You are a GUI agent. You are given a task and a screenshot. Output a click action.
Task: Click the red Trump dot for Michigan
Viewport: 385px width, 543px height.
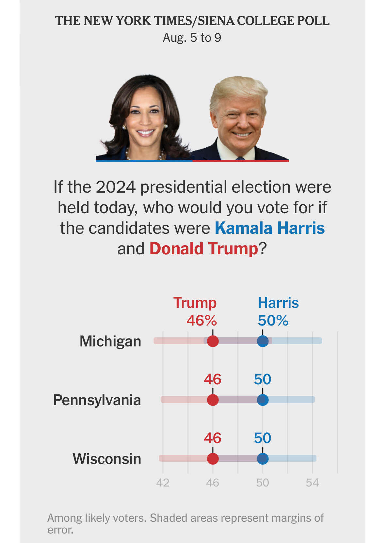coord(213,341)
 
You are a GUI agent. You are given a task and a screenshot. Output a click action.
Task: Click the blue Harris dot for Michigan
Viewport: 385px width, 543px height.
coord(263,341)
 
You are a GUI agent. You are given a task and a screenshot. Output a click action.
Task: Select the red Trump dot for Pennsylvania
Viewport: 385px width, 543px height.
coord(213,400)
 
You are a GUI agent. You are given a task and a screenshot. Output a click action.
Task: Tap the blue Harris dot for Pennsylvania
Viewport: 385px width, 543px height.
coord(263,400)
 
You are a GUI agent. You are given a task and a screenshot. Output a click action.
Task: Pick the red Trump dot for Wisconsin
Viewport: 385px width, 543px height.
coord(213,458)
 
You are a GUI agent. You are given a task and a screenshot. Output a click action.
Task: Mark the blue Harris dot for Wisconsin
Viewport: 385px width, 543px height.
coord(263,458)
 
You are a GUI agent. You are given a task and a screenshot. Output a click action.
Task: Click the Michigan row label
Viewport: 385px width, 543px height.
coord(110,342)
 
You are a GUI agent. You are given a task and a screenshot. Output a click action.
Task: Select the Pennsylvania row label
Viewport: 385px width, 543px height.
coord(97,400)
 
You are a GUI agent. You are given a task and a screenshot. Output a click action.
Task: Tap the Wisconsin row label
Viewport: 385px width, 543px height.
coord(107,459)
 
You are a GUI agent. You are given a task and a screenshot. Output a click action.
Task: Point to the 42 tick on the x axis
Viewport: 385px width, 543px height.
coord(163,483)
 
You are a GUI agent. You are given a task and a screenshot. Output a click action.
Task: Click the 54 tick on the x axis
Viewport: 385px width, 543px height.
coord(312,483)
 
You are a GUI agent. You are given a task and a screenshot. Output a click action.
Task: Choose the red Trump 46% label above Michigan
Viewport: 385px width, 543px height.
coord(201,321)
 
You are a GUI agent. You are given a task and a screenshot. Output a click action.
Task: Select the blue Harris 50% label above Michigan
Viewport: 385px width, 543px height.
coord(273,321)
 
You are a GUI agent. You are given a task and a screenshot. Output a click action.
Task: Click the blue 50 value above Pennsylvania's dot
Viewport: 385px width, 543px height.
coord(263,379)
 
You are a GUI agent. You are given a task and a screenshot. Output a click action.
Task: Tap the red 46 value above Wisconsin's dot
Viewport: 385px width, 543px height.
coord(213,438)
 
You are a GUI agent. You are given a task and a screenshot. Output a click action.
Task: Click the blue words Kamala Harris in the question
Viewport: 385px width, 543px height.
coord(270,228)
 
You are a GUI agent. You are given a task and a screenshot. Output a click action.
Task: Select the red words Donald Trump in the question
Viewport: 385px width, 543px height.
coord(204,249)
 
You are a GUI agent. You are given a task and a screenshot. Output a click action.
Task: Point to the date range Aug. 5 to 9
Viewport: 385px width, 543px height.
coord(192,38)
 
